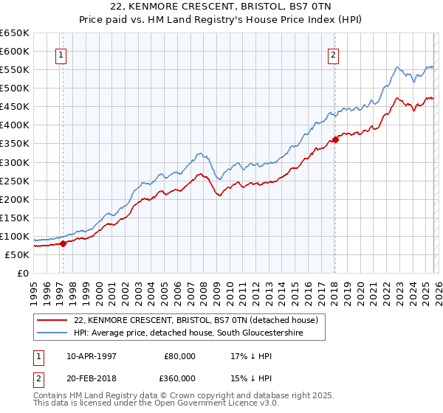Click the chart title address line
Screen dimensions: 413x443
click(221, 7)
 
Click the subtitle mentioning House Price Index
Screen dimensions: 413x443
click(221, 20)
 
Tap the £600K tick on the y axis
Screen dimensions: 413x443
click(14, 51)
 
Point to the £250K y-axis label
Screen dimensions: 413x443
click(14, 181)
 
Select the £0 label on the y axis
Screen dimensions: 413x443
click(23, 273)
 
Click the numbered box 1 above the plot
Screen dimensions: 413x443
click(61, 54)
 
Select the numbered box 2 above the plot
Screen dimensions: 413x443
click(334, 54)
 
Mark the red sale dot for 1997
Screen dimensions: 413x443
click(63, 243)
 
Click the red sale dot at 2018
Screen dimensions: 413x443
click(335, 139)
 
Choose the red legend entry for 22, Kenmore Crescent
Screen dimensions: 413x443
click(196, 320)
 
